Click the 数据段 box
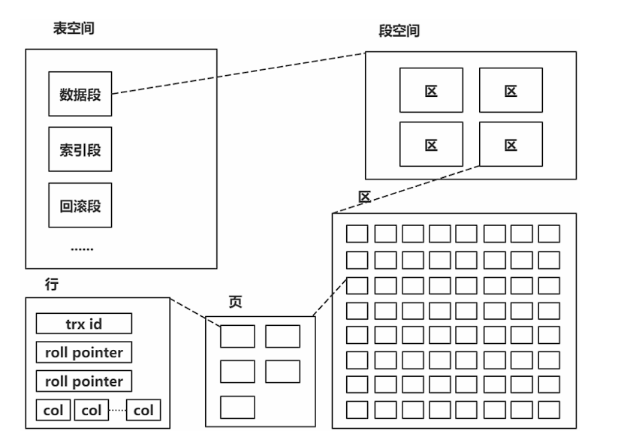point(80,94)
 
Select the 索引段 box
point(80,149)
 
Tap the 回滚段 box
point(80,204)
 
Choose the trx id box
point(84,324)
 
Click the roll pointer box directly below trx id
point(84,352)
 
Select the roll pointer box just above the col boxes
point(84,381)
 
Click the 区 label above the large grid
point(365,197)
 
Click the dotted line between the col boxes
point(117,410)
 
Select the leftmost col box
point(53,410)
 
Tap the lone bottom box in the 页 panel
point(237,406)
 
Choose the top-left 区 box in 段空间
point(431,91)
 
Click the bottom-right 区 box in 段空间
point(511,144)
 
